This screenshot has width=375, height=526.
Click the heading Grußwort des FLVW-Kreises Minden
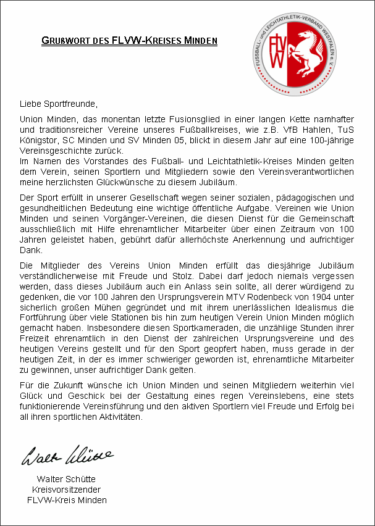[129, 41]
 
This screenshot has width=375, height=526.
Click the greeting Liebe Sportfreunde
[59, 102]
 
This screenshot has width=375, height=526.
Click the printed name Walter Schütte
[66, 479]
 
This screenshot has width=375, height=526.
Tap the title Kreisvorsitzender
[66, 490]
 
